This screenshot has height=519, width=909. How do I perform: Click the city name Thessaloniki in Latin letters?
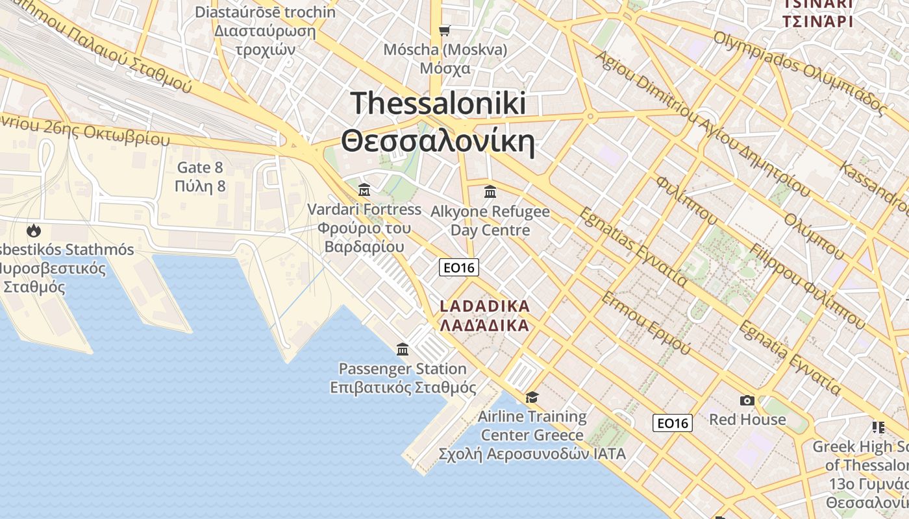[x=438, y=103]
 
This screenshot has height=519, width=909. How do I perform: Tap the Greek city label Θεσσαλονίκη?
[x=438, y=141]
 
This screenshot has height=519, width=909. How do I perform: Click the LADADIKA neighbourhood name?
[x=484, y=306]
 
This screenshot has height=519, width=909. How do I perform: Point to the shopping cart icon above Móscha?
[x=445, y=30]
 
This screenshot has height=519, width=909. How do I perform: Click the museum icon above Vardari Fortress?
[x=364, y=190]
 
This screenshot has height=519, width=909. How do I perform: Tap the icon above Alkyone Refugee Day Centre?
[x=490, y=192]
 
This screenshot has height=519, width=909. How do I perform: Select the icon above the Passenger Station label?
[x=403, y=350]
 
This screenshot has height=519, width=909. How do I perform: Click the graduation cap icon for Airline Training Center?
[x=532, y=397]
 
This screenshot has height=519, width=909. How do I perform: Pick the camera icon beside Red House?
[x=747, y=401]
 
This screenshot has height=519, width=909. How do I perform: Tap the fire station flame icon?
[x=33, y=230]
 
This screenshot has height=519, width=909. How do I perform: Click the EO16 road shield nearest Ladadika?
[x=458, y=267]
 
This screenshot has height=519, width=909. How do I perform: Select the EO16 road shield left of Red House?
[x=672, y=423]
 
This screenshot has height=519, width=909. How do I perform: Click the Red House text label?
[x=747, y=419]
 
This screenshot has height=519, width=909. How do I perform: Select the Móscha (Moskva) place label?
[x=445, y=50]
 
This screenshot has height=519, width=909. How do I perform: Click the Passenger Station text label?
[x=403, y=369]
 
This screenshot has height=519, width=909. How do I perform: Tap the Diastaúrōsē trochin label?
[x=266, y=12]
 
